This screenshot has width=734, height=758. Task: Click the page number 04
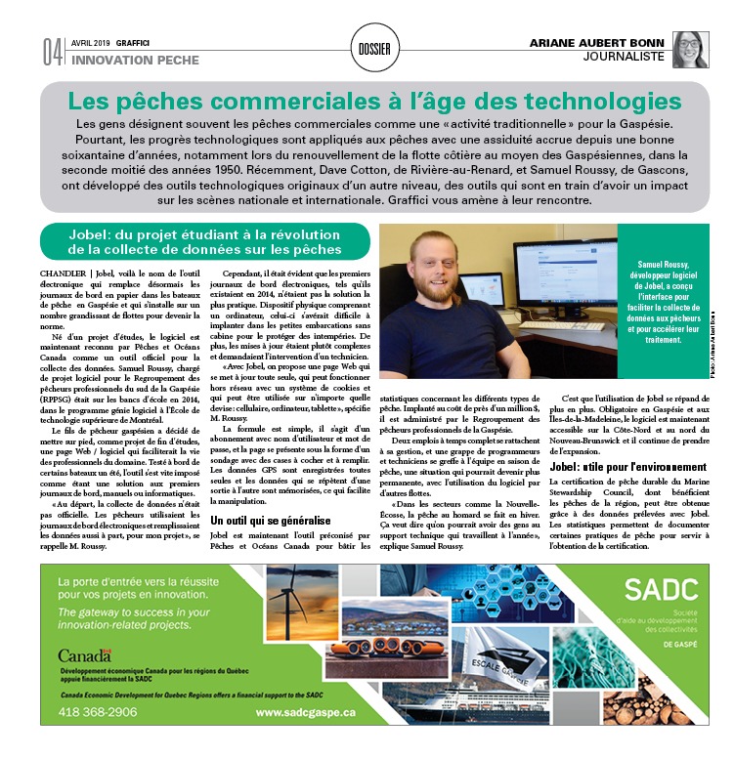point(52,53)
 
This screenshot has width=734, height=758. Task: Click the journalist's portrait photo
point(690,50)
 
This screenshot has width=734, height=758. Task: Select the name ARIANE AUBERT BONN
point(598,43)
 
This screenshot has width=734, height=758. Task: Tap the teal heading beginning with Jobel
point(205,241)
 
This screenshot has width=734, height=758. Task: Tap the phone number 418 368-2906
point(99,713)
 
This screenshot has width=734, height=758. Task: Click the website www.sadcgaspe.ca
point(306,713)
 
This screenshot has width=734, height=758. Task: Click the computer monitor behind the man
point(565,274)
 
